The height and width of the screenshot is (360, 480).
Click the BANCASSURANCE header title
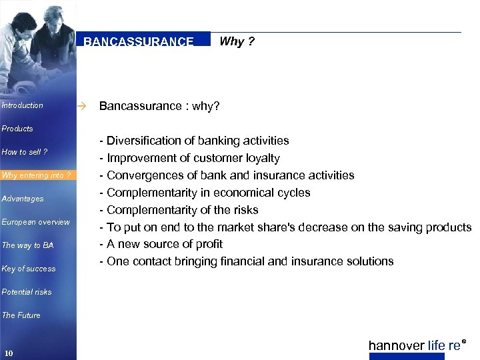[139, 41]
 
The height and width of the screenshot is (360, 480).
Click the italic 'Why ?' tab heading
[237, 41]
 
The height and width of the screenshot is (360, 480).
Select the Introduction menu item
[22, 105]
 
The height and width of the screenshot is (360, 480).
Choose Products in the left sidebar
[17, 129]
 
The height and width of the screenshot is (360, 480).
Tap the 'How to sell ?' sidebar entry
[25, 152]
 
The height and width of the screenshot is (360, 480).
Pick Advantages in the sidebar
[23, 199]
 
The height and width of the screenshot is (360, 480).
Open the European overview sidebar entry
[36, 222]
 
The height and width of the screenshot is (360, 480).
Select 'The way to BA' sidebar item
[27, 245]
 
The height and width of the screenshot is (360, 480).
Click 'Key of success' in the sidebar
[29, 269]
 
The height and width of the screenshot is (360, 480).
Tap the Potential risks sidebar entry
[27, 292]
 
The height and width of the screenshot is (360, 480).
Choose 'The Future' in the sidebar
[21, 315]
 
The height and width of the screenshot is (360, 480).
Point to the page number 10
[9, 353]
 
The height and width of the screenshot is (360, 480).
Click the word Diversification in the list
[143, 141]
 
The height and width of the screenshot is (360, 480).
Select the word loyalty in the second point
[263, 158]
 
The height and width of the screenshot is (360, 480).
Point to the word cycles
[294, 193]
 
